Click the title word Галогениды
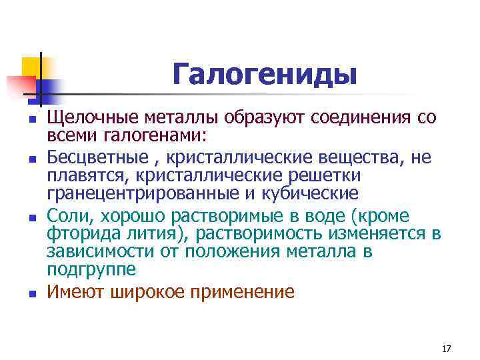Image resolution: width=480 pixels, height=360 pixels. (x=264, y=74)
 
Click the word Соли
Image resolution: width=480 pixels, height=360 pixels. (x=67, y=216)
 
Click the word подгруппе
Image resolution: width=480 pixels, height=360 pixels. (x=91, y=269)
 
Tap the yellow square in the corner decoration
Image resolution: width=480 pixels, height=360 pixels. (x=31, y=67)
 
